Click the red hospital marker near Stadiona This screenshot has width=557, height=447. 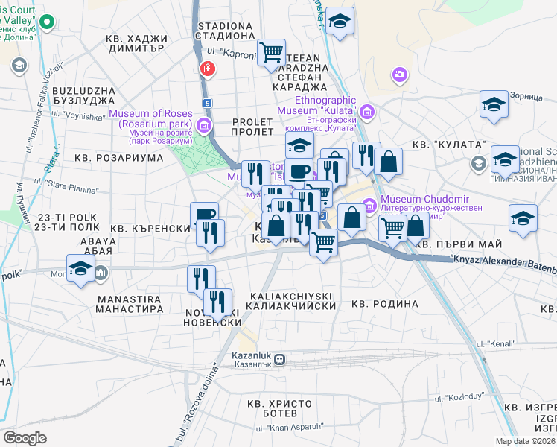pyautogui.click(x=206, y=70)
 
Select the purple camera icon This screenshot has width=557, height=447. pyautogui.click(x=400, y=74)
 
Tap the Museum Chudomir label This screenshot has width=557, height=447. pyautogui.click(x=418, y=199)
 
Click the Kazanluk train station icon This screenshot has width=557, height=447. pyautogui.click(x=280, y=359)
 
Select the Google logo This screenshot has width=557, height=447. pyautogui.click(x=25, y=437)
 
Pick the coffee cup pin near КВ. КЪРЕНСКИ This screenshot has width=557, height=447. pyautogui.click(x=205, y=215)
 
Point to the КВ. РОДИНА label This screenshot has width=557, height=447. pyautogui.click(x=384, y=304)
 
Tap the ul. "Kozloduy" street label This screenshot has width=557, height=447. pyautogui.click(x=456, y=397)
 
